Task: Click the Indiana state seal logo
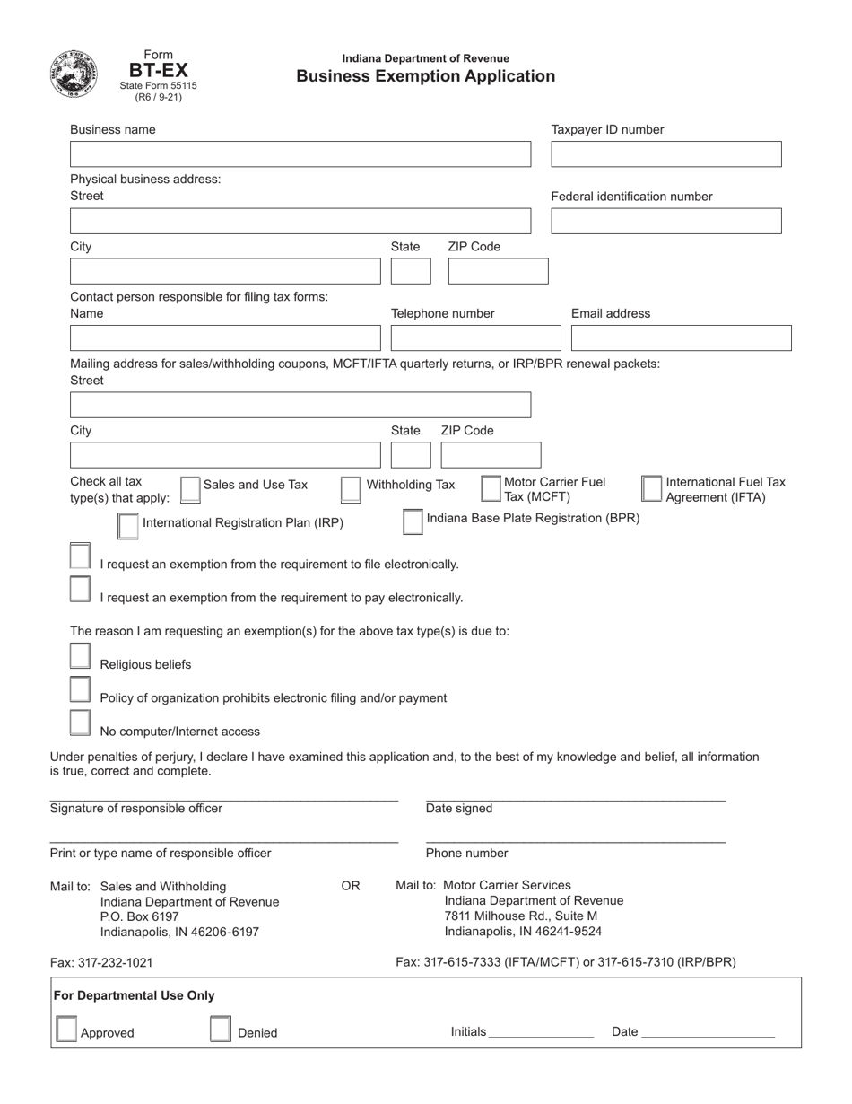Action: [75, 74]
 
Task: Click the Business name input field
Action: [300, 154]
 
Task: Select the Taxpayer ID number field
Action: [665, 154]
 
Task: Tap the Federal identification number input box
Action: [665, 222]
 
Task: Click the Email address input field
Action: [681, 338]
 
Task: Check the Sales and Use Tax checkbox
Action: [190, 489]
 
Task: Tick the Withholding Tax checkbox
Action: [351, 489]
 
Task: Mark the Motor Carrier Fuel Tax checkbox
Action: [491, 488]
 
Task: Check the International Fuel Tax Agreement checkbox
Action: [652, 488]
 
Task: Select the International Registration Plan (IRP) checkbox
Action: [128, 526]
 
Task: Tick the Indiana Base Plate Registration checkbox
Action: [413, 521]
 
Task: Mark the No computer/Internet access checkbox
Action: [80, 723]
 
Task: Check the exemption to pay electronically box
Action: [80, 590]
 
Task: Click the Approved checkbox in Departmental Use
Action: [66, 1030]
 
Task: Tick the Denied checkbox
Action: [221, 1030]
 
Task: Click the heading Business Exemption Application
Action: [426, 76]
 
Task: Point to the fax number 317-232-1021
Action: [101, 962]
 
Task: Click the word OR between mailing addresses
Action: [351, 886]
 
